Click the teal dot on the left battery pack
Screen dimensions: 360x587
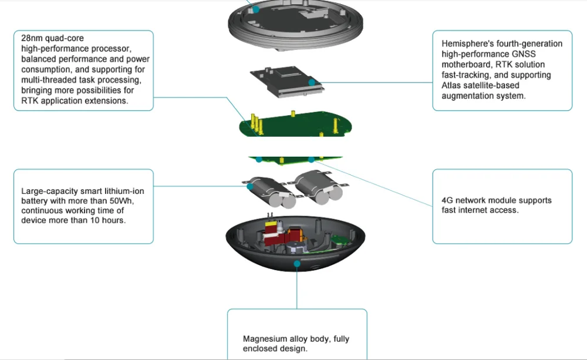[x=250, y=186]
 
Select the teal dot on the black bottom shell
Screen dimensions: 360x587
[x=297, y=264]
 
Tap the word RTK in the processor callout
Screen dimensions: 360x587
[x=29, y=101]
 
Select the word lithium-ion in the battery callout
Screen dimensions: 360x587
[x=120, y=191]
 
